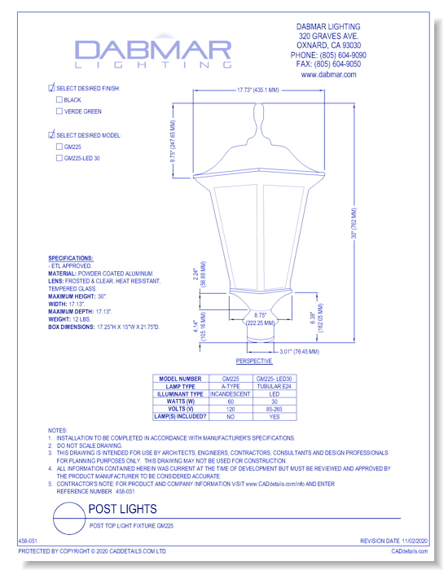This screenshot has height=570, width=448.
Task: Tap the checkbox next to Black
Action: click(x=59, y=99)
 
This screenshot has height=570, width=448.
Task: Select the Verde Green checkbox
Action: click(x=59, y=111)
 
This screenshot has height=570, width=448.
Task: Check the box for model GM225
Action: click(x=59, y=147)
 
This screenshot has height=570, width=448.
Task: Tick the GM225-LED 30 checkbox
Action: click(x=59, y=159)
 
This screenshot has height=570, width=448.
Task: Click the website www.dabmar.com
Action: click(x=328, y=74)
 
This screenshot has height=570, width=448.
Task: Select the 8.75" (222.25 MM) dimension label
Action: click(x=261, y=318)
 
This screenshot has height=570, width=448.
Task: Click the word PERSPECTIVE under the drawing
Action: click(x=253, y=360)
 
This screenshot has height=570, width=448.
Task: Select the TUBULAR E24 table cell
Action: click(x=274, y=385)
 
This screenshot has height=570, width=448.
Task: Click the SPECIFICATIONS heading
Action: click(x=70, y=257)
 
